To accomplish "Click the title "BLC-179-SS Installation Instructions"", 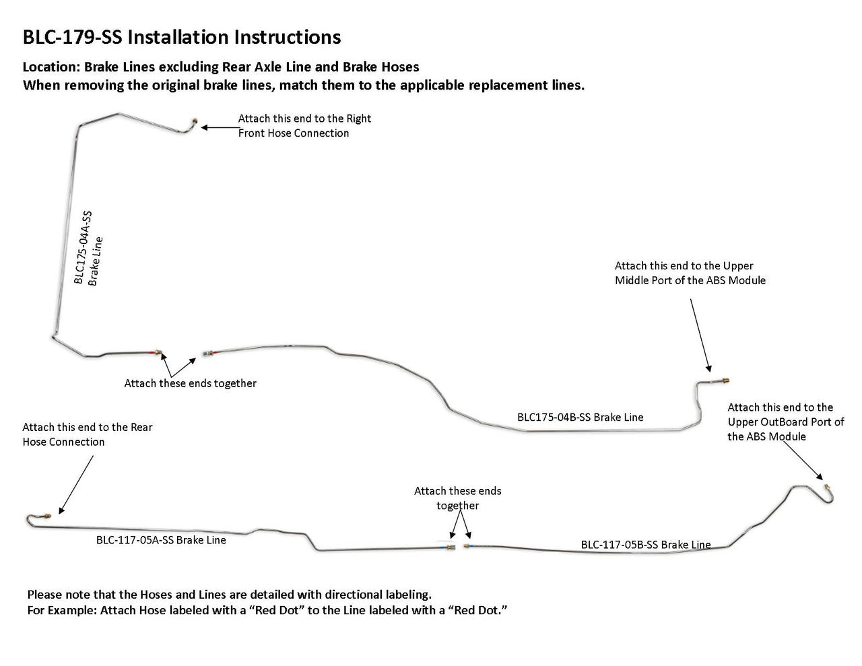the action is (182, 37).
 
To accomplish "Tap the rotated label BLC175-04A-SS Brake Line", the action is (88, 248).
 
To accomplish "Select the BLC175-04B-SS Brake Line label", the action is (580, 417).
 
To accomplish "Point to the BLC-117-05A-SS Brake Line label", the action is (161, 540).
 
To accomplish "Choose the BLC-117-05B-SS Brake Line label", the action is (646, 545).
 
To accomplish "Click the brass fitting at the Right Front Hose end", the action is (195, 121).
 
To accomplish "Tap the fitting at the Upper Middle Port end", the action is (725, 380).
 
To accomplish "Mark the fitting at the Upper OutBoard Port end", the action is (827, 487).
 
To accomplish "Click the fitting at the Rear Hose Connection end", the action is (47, 516).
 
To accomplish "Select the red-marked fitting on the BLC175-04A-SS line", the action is (157, 352).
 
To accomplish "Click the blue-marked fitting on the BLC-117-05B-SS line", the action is (468, 546).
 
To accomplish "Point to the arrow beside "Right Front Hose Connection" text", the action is (221, 127).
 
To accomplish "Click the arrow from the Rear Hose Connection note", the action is (76, 485).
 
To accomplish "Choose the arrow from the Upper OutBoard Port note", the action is (803, 461).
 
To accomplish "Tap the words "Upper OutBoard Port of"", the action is (785, 422).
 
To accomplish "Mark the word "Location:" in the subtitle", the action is (52, 67).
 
